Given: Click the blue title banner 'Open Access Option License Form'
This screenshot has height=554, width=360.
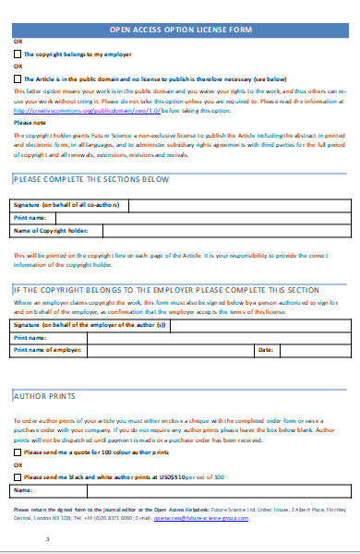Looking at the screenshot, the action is point(180,30).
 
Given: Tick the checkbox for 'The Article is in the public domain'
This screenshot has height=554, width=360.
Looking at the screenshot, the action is point(18,79).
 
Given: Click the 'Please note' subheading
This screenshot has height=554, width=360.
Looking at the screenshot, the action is point(30,122).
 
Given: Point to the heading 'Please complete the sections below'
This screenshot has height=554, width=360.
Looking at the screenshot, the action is point(91,178).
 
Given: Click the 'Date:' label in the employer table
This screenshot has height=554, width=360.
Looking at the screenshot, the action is point(265,324).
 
